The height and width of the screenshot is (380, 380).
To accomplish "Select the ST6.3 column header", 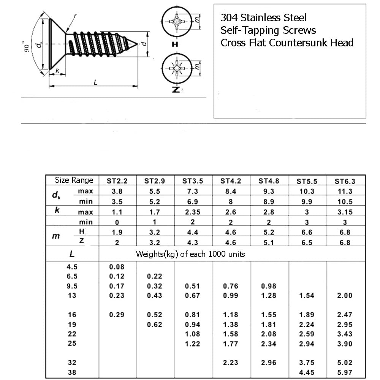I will pyautogui.click(x=345, y=181).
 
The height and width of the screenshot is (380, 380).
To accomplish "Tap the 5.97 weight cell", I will pyautogui.click(x=345, y=373).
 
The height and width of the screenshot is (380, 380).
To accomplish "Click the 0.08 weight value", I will pyautogui.click(x=117, y=267).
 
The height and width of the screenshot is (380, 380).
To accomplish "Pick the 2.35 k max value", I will pyautogui.click(x=192, y=212).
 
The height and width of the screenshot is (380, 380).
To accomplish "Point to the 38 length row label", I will pyautogui.click(x=72, y=373).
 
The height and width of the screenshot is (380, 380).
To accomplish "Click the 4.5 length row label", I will pyautogui.click(x=72, y=267).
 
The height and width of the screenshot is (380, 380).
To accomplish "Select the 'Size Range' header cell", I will pyautogui.click(x=74, y=180).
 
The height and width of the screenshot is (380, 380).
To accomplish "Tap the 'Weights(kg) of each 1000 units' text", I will pyautogui.click(x=190, y=254).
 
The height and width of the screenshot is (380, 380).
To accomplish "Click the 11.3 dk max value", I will pyautogui.click(x=345, y=192).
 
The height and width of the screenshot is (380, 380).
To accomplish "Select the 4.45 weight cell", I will pyautogui.click(x=307, y=373).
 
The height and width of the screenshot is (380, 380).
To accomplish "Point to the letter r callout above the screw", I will pyautogui.click(x=75, y=16).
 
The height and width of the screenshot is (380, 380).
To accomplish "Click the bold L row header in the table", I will pyautogui.click(x=72, y=253).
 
